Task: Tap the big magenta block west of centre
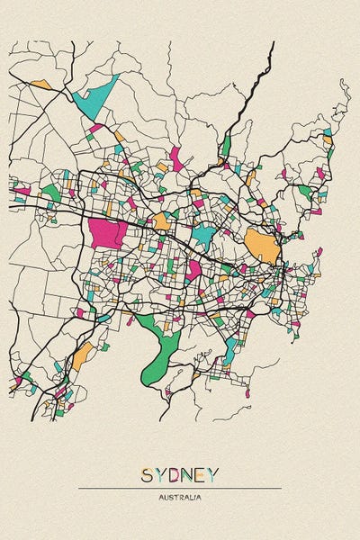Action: pyautogui.click(x=106, y=234)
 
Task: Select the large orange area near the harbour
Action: pyautogui.click(x=261, y=246)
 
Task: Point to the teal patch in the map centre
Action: pyautogui.click(x=204, y=237)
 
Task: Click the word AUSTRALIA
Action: pyautogui.click(x=180, y=497)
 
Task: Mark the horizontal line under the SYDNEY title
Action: pyautogui.click(x=180, y=488)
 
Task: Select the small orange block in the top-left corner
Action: pyautogui.click(x=41, y=85)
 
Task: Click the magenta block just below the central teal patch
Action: pyautogui.click(x=193, y=268)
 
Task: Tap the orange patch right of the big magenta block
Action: pyautogui.click(x=161, y=220)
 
